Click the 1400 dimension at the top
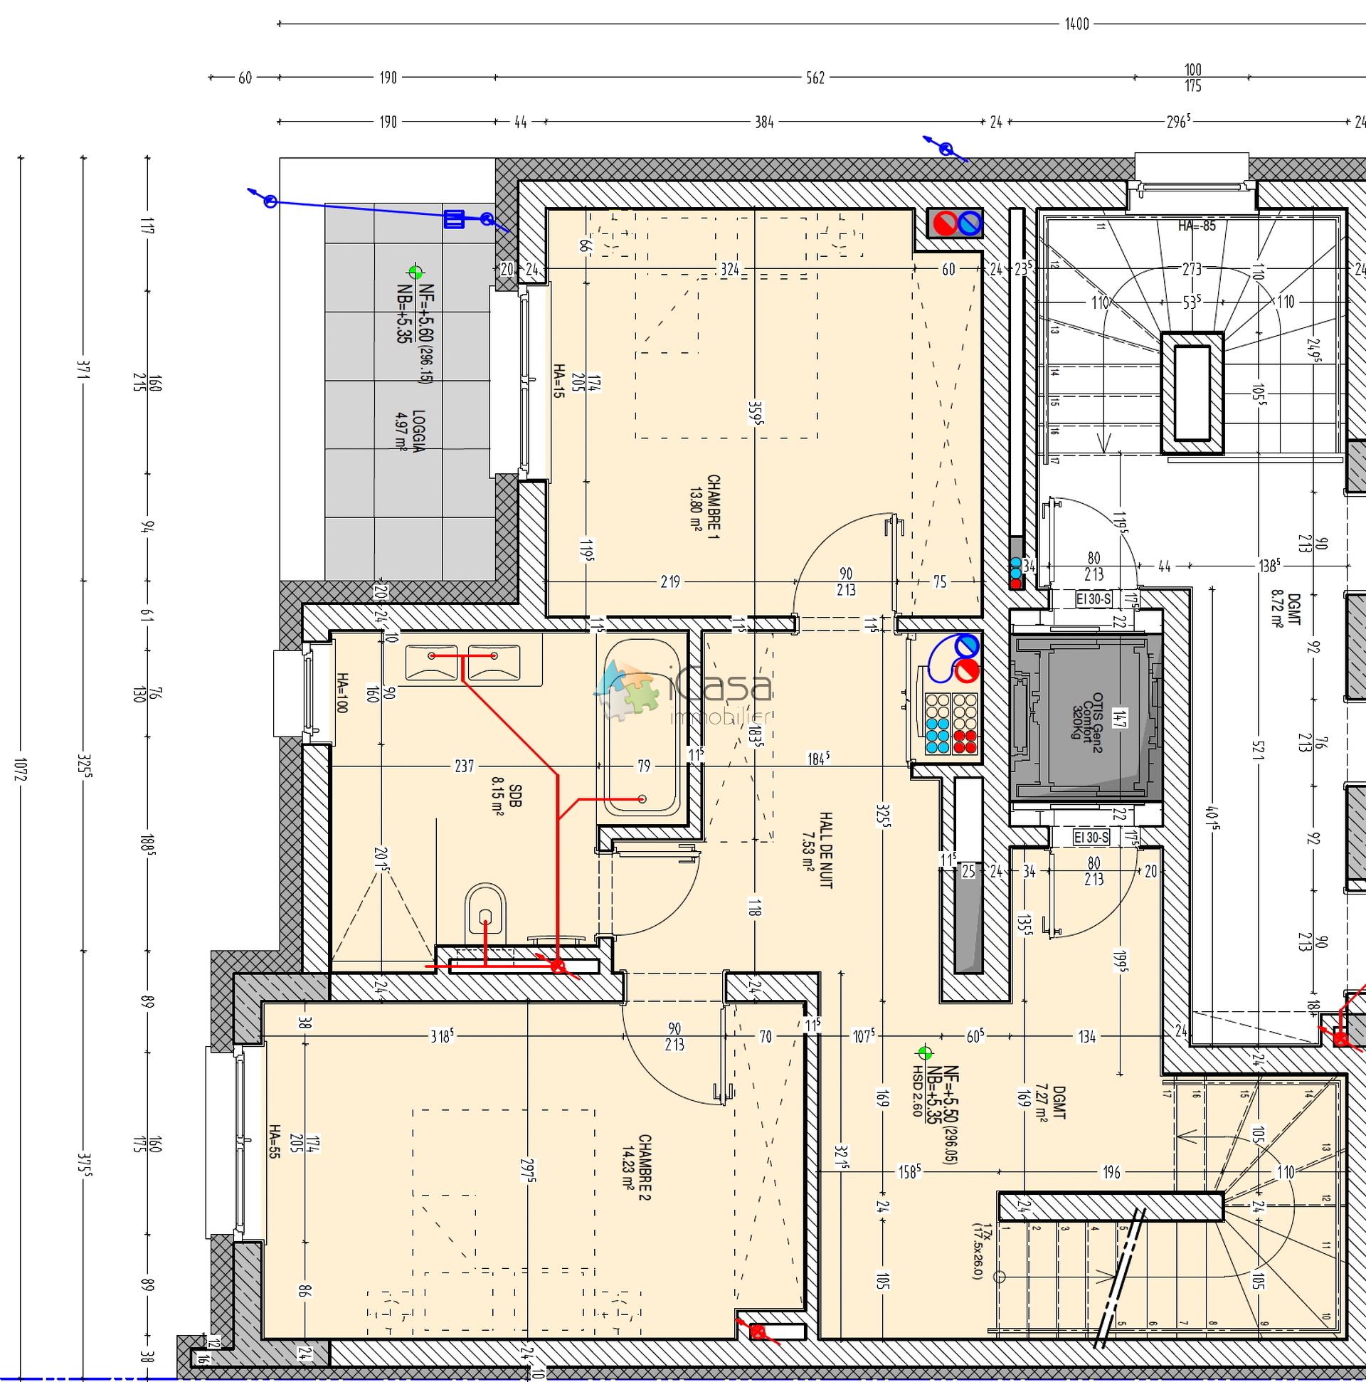click(x=1076, y=24)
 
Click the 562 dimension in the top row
click(x=815, y=78)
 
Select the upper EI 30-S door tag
click(x=1092, y=598)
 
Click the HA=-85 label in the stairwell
click(x=1197, y=226)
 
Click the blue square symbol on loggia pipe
click(x=453, y=219)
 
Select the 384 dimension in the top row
click(x=764, y=122)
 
